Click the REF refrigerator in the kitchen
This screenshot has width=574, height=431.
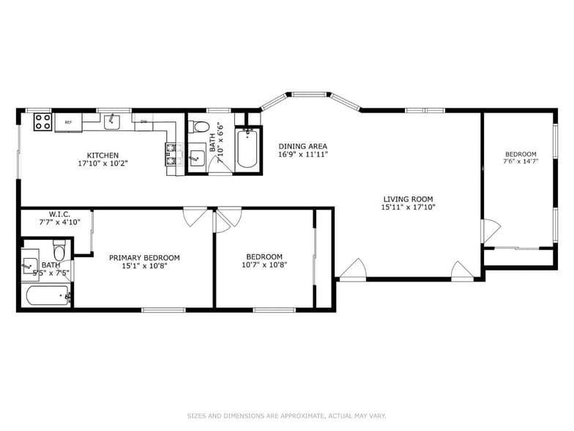(x=68, y=122)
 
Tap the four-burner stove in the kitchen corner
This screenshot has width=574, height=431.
(x=42, y=122)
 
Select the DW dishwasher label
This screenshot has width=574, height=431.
(x=143, y=122)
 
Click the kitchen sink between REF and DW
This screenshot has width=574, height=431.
(x=112, y=121)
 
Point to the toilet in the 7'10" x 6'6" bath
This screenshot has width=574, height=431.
(x=200, y=127)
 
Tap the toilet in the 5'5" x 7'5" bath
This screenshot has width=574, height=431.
(x=62, y=251)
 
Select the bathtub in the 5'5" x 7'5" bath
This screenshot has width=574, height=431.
(x=45, y=295)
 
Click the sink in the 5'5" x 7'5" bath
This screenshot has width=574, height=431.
(x=31, y=262)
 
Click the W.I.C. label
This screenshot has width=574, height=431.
(x=59, y=214)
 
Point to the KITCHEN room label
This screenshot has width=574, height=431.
(x=102, y=155)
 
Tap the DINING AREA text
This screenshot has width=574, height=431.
(x=302, y=146)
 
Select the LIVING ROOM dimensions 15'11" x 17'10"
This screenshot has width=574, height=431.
(x=408, y=207)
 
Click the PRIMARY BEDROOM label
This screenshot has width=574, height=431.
(x=144, y=257)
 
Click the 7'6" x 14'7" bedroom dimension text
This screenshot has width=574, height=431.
(x=521, y=161)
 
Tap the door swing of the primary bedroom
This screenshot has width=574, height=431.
(x=194, y=216)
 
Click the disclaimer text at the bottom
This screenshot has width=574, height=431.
(x=286, y=416)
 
